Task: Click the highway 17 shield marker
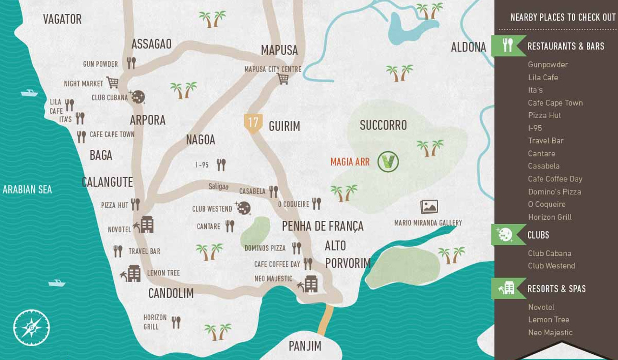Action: (x=253, y=122)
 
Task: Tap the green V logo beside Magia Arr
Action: (x=388, y=162)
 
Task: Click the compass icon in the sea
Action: (x=32, y=328)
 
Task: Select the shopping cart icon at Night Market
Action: (x=113, y=83)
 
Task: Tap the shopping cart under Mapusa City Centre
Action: (x=283, y=79)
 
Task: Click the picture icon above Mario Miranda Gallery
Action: (x=429, y=207)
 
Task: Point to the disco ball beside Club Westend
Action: (x=243, y=208)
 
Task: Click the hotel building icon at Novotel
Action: (x=146, y=225)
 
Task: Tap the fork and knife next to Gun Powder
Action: (x=131, y=63)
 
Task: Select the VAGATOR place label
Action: (x=62, y=19)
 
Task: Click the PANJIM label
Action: (x=305, y=346)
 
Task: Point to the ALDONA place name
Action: (x=468, y=47)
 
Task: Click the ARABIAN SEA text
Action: (x=27, y=190)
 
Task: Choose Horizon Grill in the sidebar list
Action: (x=550, y=217)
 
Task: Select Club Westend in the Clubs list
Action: (x=551, y=266)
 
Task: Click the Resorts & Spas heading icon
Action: (x=507, y=288)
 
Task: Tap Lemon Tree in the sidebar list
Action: (x=548, y=320)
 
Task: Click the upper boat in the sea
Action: (x=29, y=93)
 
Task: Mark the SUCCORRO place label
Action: (x=383, y=125)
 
